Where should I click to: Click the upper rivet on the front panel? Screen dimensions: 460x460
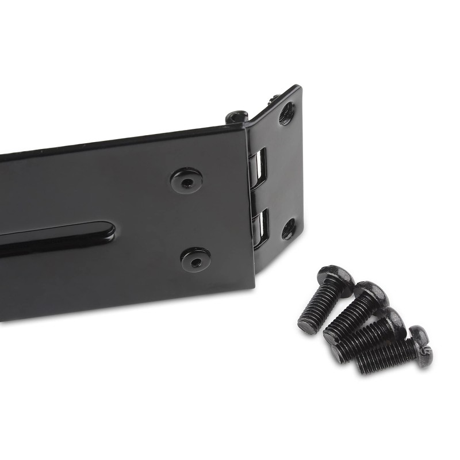(186, 180)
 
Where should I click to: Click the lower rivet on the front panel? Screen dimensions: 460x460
(195, 260)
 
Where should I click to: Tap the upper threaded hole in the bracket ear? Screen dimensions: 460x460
(286, 114)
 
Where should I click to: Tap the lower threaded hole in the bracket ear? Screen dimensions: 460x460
(289, 229)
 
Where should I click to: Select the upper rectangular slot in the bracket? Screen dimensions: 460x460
(258, 168)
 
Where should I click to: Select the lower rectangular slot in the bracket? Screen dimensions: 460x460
(260, 228)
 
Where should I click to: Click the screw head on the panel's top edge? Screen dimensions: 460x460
(236, 117)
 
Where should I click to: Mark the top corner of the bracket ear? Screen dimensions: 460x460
(298, 87)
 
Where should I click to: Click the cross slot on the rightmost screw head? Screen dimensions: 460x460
(424, 348)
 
